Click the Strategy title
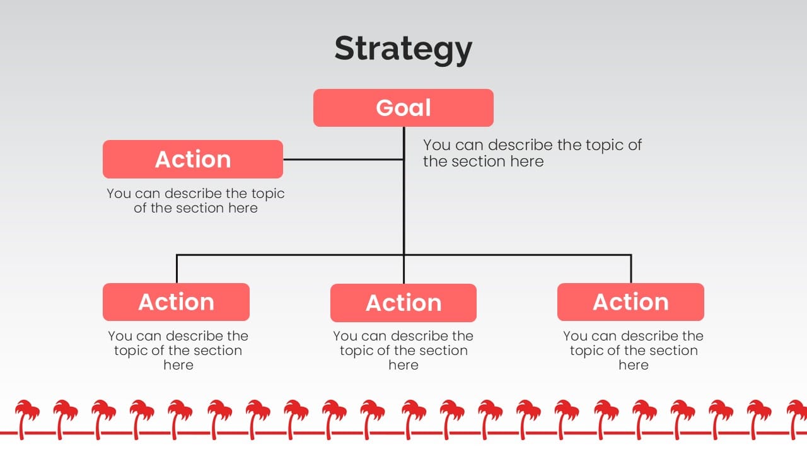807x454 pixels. [x=403, y=49]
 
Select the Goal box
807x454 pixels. [x=403, y=108]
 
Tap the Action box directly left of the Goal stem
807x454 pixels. [x=193, y=160]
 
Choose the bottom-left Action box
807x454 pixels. [x=176, y=302]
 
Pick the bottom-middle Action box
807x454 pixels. [x=403, y=303]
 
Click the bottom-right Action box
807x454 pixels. [x=630, y=302]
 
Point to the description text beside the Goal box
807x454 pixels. [x=531, y=153]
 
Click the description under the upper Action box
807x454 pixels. [x=195, y=201]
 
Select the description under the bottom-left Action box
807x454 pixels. [x=178, y=351]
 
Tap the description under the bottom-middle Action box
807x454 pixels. [x=403, y=351]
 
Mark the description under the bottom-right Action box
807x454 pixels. [x=633, y=351]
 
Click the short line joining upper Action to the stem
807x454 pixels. [x=343, y=160]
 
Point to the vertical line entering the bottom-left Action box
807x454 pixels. [x=177, y=269]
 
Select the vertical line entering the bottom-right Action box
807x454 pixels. [x=631, y=269]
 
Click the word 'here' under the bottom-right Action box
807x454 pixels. [x=633, y=365]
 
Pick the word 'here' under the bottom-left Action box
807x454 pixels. [x=178, y=365]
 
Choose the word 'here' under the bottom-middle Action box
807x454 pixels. [x=403, y=365]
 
